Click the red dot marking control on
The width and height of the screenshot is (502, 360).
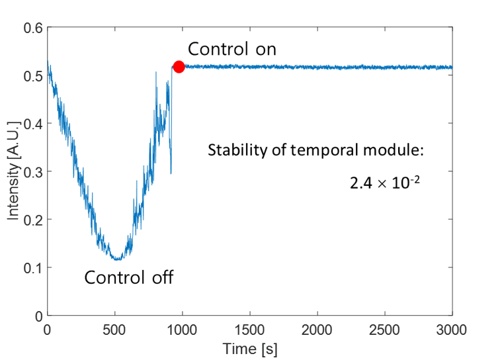[179, 66]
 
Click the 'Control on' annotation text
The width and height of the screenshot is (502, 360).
[231, 50]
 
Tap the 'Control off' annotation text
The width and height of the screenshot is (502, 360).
[129, 277]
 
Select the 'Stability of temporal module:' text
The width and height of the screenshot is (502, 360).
[315, 150]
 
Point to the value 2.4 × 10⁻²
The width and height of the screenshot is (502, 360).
[386, 182]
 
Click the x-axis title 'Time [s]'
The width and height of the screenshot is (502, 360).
[249, 348]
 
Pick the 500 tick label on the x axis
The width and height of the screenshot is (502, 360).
[115, 329]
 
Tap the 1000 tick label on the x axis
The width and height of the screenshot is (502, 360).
[182, 329]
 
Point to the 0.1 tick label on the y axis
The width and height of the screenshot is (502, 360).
[33, 268]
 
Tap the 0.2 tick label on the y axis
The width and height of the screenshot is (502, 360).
[33, 220]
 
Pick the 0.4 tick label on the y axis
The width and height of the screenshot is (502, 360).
[33, 124]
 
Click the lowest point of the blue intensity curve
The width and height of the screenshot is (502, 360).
[116, 259]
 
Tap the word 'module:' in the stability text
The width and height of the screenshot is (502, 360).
[397, 150]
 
